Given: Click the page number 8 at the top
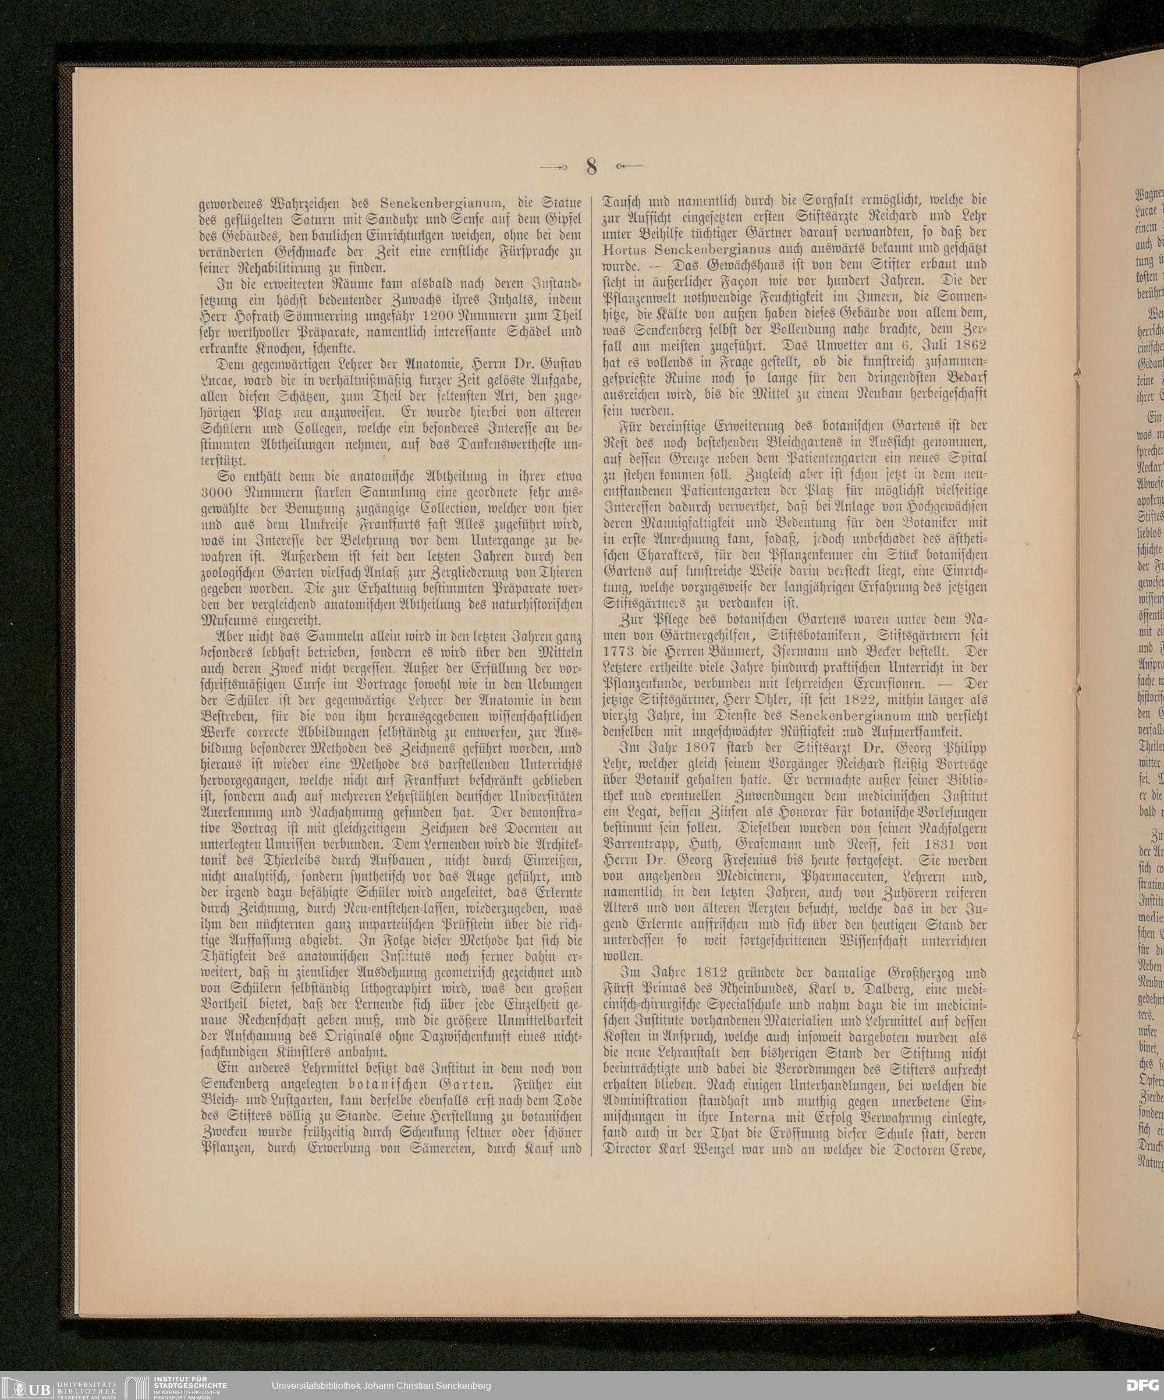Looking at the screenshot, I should tap(591, 166).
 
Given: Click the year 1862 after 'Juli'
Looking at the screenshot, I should tap(966, 345).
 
